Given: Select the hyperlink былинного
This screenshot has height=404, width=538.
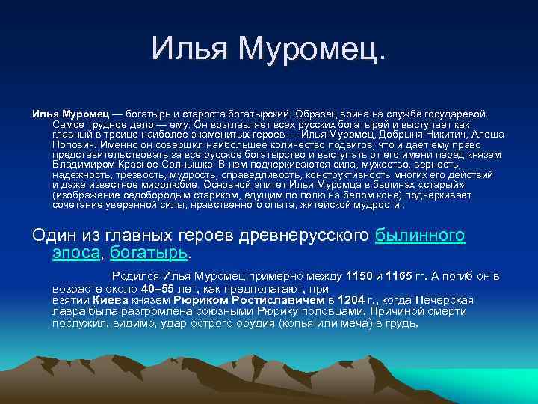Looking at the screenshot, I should tap(420, 235).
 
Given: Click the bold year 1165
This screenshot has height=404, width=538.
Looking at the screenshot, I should tap(402, 277).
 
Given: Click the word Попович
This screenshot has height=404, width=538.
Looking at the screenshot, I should tap(72, 148).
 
